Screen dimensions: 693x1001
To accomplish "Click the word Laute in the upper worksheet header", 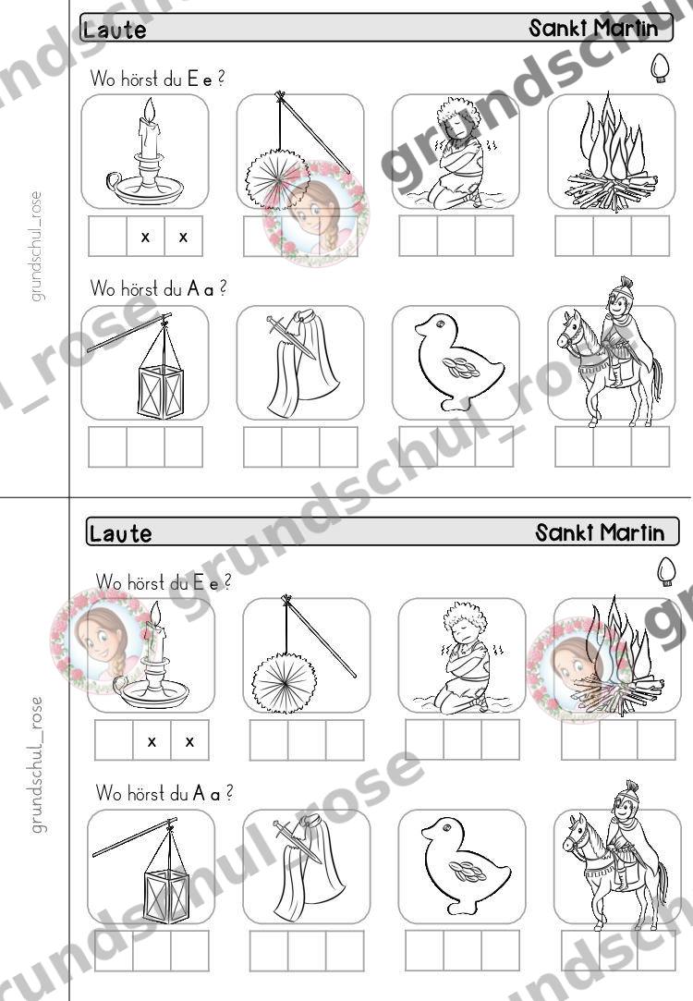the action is coord(115,30).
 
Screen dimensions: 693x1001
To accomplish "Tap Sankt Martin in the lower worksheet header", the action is coord(600,532).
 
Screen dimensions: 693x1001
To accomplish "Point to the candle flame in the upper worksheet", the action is coord(150,110).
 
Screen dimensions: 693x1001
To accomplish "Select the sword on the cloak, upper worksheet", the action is coord(291,337).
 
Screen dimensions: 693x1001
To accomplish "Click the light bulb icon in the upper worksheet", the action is coord(661,67).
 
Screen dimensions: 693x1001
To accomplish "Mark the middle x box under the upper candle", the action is coord(145,237).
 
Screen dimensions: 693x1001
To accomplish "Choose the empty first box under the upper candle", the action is coord(108,237).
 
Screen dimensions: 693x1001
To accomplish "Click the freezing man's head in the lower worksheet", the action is coord(464,623).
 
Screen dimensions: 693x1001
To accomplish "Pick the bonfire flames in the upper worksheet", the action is coord(612,141).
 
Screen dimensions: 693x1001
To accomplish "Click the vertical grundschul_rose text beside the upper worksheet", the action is coord(36,246).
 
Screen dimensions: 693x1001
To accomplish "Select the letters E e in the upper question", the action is coord(199,79).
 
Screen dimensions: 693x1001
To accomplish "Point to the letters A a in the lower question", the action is coord(206,794).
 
